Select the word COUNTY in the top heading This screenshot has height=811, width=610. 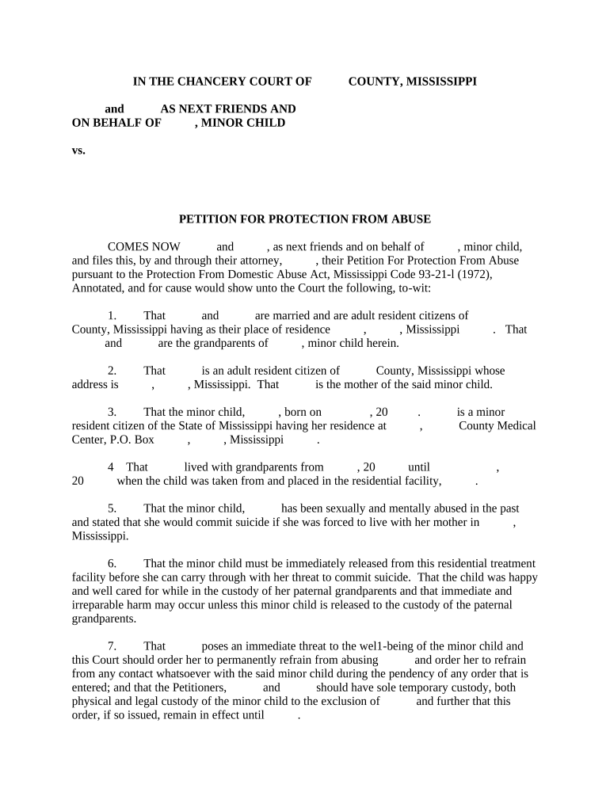(x=375, y=81)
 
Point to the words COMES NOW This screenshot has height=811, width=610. (x=143, y=246)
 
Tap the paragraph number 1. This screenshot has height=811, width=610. (x=112, y=315)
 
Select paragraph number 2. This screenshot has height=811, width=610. (x=112, y=371)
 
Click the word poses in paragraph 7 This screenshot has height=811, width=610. (x=215, y=646)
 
